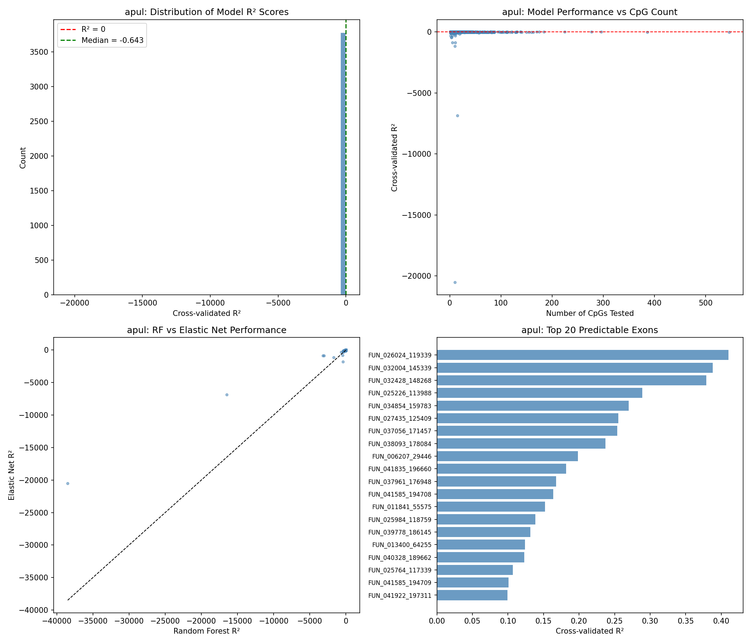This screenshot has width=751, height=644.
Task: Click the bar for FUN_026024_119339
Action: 582,355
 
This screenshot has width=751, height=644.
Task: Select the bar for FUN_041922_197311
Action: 472,595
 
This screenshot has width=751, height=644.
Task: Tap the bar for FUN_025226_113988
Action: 539,393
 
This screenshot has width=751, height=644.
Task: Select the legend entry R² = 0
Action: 93,29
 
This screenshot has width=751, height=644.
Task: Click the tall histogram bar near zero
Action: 343,164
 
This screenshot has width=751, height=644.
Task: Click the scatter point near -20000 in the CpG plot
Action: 455,283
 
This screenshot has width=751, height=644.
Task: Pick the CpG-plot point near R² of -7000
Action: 457,116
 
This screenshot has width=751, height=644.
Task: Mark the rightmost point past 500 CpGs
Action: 729,32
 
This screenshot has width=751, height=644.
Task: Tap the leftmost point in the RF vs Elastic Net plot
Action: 68,483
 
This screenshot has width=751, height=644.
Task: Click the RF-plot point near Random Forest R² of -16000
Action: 227,395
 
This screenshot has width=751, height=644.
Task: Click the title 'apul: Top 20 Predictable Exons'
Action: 589,330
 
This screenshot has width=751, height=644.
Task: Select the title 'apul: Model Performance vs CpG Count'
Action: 589,12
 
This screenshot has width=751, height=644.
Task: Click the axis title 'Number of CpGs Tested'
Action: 590,313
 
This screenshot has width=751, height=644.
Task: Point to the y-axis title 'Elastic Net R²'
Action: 11,475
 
